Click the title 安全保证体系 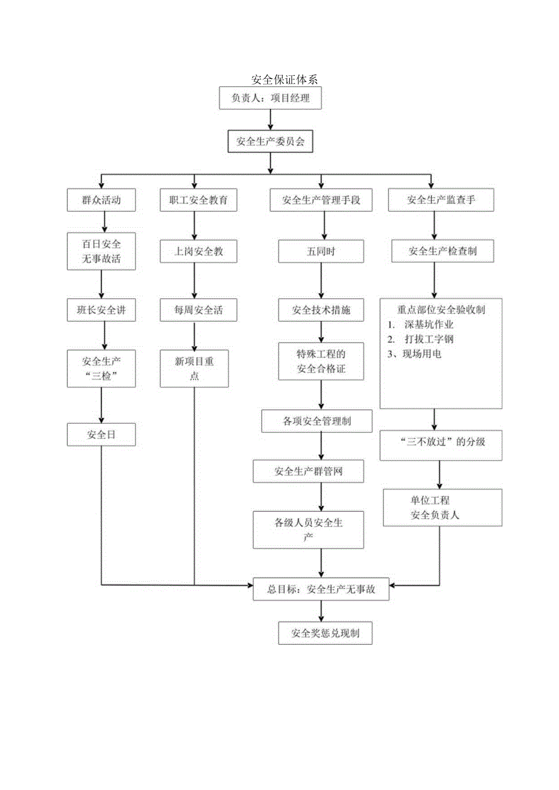click(284, 80)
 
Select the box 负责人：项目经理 click(270, 98)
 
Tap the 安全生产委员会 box click(270, 143)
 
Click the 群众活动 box click(101, 200)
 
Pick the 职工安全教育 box click(194, 200)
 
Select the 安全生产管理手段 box click(321, 200)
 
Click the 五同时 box click(321, 251)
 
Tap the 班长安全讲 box click(101, 310)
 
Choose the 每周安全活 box click(194, 310)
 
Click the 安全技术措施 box click(321, 310)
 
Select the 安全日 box click(101, 435)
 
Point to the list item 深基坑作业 click(428, 324)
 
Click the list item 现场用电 click(422, 353)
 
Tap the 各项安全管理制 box click(317, 421)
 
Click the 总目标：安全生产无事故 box click(321, 588)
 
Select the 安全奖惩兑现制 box click(325, 633)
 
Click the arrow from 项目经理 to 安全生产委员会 click(270, 120)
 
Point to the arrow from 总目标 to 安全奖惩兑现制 click(321, 611)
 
